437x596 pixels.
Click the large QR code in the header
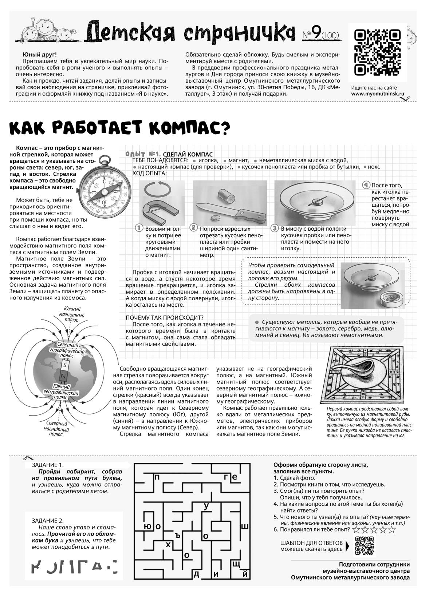[x=377, y=52]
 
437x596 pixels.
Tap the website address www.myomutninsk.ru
[x=378, y=94]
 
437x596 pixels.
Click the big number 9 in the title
[x=316, y=34]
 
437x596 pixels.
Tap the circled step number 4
[x=366, y=185]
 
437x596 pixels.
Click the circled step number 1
[x=138, y=228]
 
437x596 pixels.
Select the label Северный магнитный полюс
[x=56, y=429]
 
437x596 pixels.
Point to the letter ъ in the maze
[x=178, y=535]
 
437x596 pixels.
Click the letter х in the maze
[x=168, y=545]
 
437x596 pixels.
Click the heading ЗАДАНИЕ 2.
[x=48, y=521]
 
